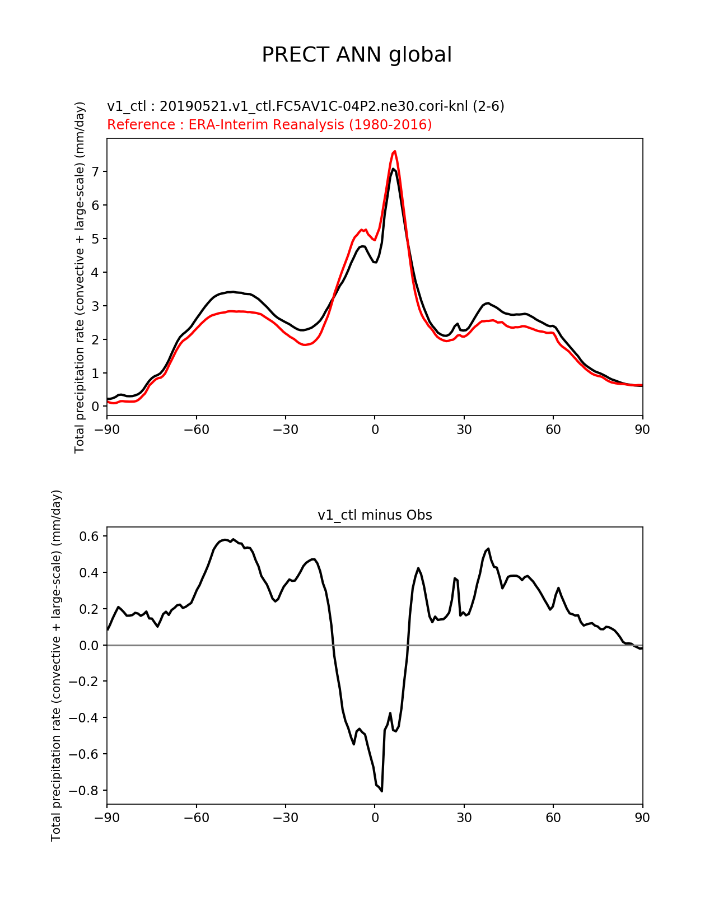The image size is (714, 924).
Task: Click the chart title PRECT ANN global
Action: coord(357,55)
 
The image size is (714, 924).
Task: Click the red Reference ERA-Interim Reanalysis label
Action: coord(269,124)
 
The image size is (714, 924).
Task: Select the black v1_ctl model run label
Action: coord(306,106)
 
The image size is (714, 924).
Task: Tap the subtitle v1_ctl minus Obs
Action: coord(375,515)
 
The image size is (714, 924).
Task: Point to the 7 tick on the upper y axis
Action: coord(96,171)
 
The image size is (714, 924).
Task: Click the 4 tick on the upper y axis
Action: coord(96,272)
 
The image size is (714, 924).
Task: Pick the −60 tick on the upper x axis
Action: coord(196,430)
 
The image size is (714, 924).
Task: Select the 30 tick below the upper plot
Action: coord(464,430)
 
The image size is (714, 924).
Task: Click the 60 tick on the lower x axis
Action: coord(553,818)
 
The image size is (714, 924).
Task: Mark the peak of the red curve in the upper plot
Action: coord(395,151)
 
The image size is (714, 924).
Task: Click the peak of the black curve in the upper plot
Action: coord(394,169)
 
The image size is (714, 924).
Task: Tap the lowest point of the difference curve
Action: coord(382,791)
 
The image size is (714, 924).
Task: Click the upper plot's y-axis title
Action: coord(80,277)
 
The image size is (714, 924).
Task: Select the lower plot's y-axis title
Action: coord(56,665)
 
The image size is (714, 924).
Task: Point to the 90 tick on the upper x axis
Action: coord(642,430)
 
